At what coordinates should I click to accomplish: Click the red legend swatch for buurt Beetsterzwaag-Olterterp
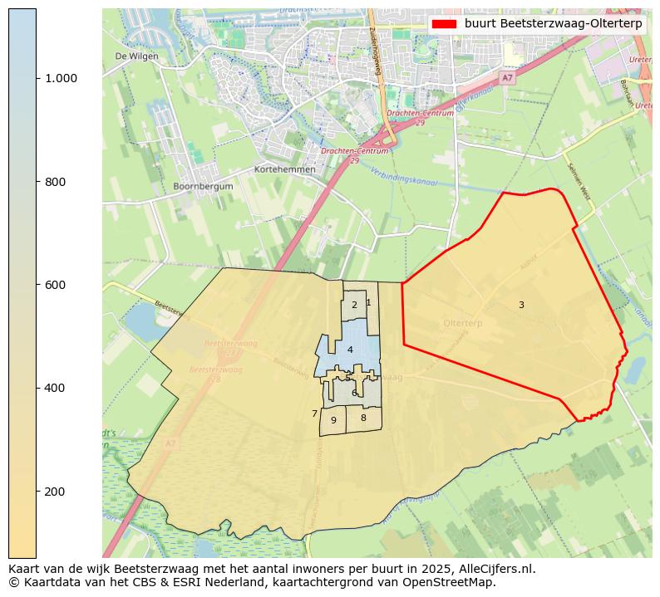(444, 24)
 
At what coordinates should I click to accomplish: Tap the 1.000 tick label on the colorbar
(60, 79)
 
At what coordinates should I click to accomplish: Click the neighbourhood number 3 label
(521, 305)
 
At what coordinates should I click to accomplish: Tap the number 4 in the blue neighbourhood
(350, 350)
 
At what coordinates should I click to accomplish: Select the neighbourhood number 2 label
(354, 305)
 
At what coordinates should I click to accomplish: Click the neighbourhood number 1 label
(368, 302)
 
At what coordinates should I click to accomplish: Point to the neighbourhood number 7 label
(314, 413)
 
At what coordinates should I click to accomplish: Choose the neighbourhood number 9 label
(333, 420)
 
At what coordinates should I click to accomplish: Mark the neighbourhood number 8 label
(363, 418)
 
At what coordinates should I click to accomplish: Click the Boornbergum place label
(204, 187)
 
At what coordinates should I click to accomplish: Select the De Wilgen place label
(136, 56)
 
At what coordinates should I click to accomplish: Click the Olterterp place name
(463, 322)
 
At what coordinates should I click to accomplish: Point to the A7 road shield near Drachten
(508, 77)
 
